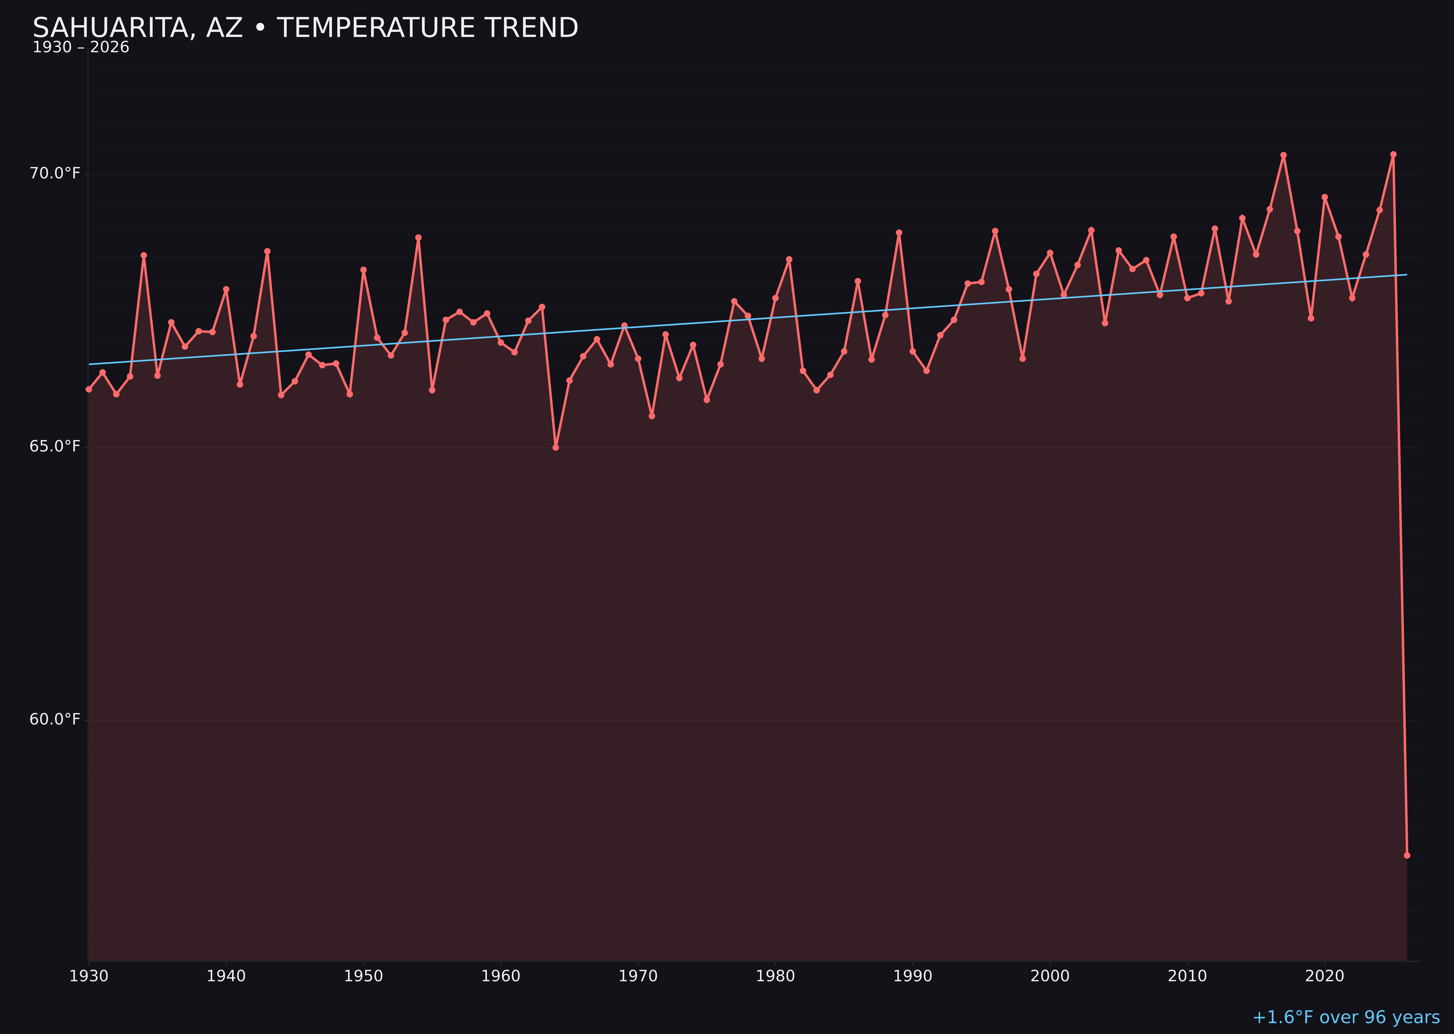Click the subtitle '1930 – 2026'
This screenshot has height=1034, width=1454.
pos(81,48)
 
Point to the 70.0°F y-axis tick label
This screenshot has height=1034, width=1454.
pos(55,173)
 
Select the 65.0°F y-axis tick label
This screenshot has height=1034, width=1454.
pos(55,446)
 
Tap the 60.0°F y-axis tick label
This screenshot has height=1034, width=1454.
pos(55,720)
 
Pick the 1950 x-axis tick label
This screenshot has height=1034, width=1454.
pos(363,976)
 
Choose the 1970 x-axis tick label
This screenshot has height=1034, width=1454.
pos(638,976)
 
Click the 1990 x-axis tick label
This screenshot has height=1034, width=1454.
pos(912,976)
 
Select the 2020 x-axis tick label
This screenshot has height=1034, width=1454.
pos(1324,976)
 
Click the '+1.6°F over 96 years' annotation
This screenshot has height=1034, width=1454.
pos(1346,1017)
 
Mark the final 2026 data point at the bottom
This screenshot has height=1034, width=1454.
pos(1407,855)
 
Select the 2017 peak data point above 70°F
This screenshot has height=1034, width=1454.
pos(1284,155)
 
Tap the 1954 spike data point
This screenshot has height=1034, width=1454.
pos(418,237)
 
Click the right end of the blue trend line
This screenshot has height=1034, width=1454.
pos(1406,274)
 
